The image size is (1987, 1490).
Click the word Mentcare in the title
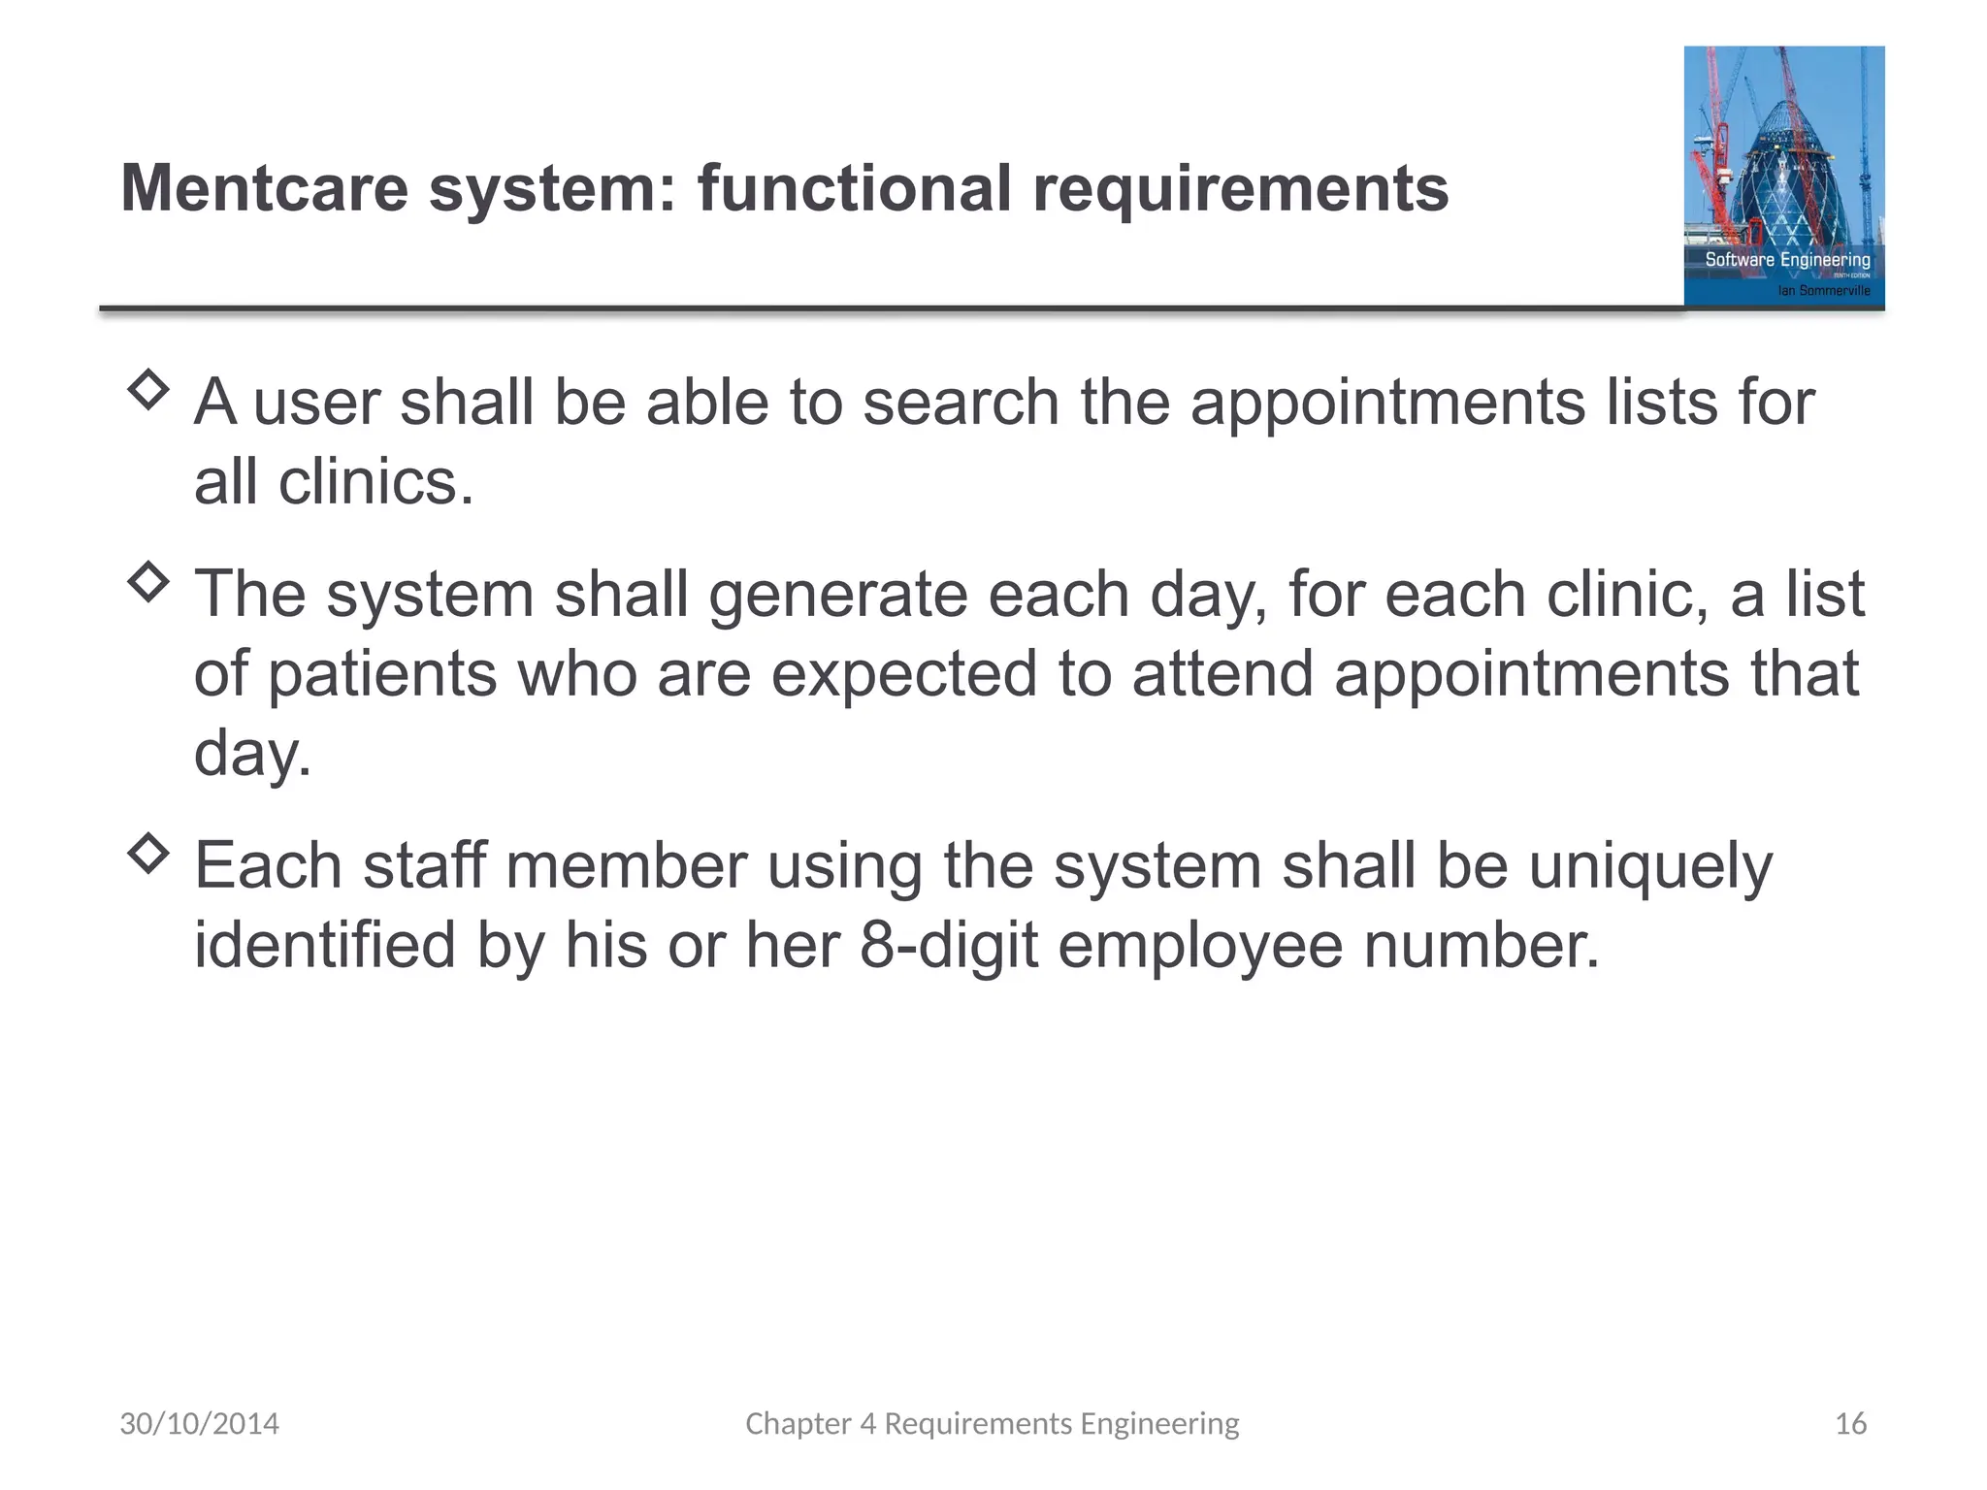click(264, 188)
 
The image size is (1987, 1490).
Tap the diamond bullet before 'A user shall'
click(147, 390)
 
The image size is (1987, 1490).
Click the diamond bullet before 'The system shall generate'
click(147, 582)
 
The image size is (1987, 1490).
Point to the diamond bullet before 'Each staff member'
click(147, 854)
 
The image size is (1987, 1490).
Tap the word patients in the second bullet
click(382, 673)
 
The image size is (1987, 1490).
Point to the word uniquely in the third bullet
click(1650, 865)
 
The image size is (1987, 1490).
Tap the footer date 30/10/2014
click(199, 1424)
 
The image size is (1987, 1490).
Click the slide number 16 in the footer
click(1850, 1424)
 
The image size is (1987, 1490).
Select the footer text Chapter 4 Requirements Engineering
click(992, 1424)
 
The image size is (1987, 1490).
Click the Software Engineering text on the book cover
click(1787, 260)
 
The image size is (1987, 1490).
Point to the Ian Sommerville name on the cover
click(1823, 290)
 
